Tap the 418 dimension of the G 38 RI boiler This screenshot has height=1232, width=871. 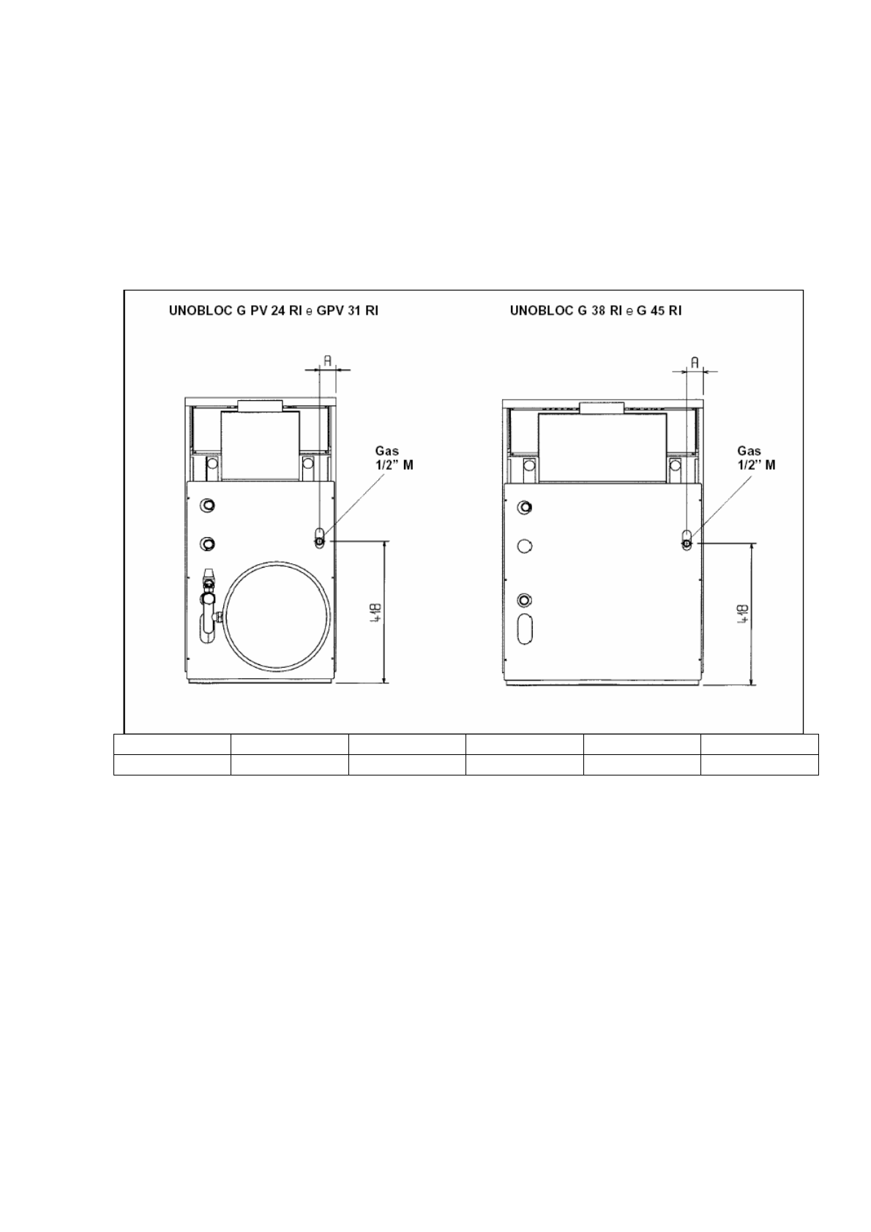click(744, 613)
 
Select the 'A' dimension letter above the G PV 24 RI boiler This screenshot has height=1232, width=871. click(327, 361)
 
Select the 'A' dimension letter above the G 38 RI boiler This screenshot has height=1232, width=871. click(695, 362)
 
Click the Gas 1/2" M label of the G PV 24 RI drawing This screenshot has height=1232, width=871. click(394, 457)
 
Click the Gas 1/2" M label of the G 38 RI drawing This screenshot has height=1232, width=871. click(756, 457)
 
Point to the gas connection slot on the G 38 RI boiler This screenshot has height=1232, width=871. click(687, 539)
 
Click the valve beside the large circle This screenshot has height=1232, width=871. click(209, 603)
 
